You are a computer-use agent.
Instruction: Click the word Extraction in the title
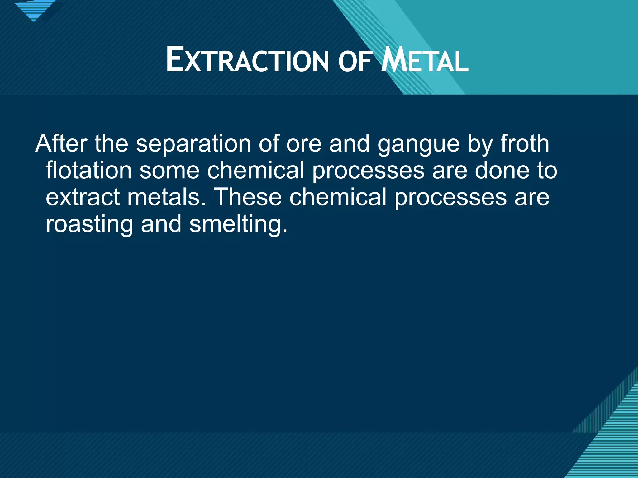[x=247, y=60]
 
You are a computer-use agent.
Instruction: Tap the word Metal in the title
[x=425, y=60]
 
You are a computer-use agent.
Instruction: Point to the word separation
[x=193, y=144]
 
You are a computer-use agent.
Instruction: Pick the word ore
[x=304, y=144]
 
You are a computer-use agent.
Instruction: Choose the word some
[x=169, y=171]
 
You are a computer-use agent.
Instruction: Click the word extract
[x=83, y=198]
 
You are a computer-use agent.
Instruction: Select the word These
[x=248, y=197]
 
